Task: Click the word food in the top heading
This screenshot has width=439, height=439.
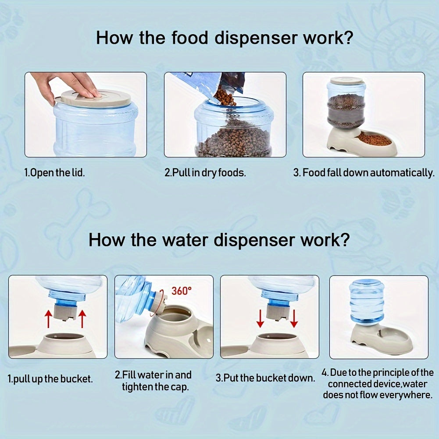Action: pos(190,38)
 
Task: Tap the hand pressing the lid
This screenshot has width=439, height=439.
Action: pos(67,85)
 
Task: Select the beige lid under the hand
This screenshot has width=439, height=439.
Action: pos(93,98)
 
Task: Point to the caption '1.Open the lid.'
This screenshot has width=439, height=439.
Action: pos(54,172)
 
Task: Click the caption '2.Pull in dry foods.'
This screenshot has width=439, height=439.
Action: pos(205,172)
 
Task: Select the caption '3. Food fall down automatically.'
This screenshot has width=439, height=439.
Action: pos(364,172)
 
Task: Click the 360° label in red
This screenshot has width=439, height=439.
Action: pos(182,291)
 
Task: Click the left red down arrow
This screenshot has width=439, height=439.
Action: pos(260,318)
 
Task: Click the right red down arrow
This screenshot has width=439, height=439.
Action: pos(294,318)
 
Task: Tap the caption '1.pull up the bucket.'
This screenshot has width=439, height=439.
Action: pos(50,379)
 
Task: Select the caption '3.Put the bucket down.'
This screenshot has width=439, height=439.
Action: pos(265,378)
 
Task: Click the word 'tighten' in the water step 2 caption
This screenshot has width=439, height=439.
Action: pos(137,387)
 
